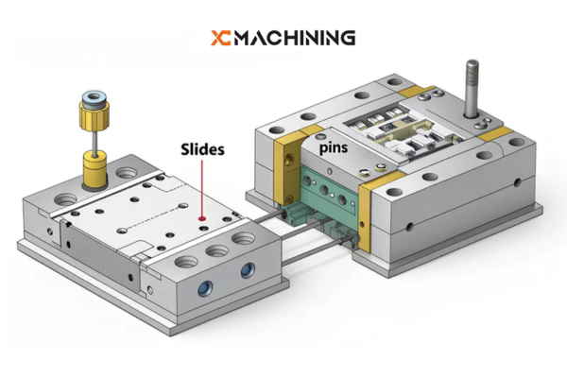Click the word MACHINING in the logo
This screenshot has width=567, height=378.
coord(296,38)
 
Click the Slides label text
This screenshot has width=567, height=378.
coord(202,148)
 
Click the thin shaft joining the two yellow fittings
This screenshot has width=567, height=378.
coord(94,146)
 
